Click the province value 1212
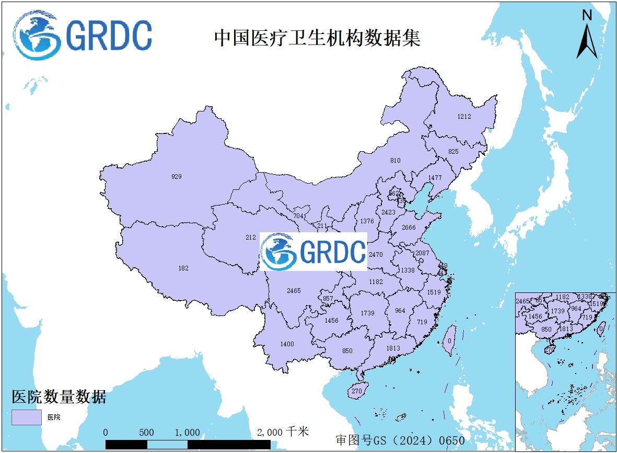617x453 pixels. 464,116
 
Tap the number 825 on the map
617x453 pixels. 453,152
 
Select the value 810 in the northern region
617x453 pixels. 395,160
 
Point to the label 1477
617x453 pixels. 435,178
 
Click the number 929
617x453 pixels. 177,177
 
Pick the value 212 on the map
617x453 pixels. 251,237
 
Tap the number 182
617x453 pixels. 183,268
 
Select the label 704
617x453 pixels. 298,216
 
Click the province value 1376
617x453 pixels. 367,221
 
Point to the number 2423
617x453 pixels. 388,212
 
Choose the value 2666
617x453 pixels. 409,228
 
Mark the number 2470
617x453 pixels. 376,255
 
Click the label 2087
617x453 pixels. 422,253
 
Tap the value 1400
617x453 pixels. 287,344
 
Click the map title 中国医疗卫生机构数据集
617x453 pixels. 317,39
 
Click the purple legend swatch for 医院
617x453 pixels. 27,417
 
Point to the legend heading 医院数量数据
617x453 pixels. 59,397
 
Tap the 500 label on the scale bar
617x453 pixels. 147,433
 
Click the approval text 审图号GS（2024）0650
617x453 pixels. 400,440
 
